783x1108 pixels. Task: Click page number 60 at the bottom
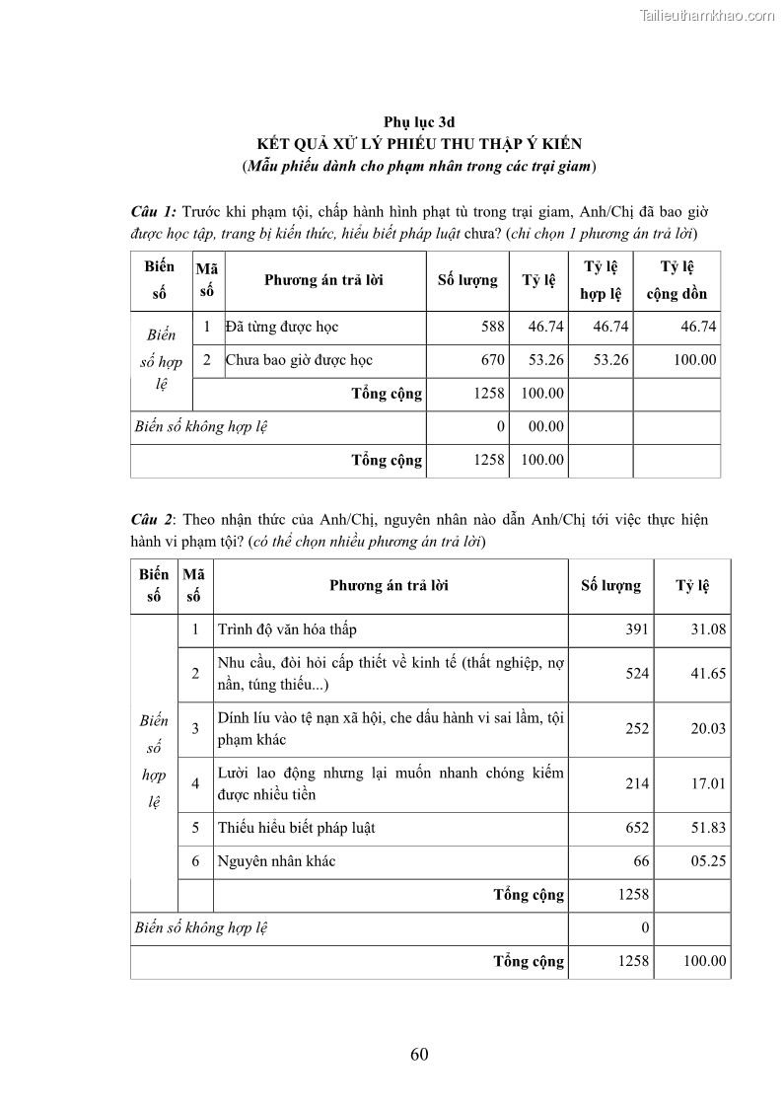pyautogui.click(x=419, y=1054)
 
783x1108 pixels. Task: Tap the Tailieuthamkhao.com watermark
pyautogui.click(x=707, y=15)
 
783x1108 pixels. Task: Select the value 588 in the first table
pyautogui.click(x=493, y=327)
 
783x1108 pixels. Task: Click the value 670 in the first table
pyautogui.click(x=493, y=360)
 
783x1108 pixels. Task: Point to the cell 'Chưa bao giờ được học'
pyautogui.click(x=299, y=360)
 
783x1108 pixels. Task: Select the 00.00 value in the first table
pyautogui.click(x=545, y=426)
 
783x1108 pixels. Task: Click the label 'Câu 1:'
pyautogui.click(x=154, y=212)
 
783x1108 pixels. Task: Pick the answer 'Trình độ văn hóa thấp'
pyautogui.click(x=287, y=629)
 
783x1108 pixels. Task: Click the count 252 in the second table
pyautogui.click(x=637, y=728)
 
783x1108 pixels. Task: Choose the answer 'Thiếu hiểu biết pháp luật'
pyautogui.click(x=296, y=828)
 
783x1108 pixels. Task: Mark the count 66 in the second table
pyautogui.click(x=641, y=861)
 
